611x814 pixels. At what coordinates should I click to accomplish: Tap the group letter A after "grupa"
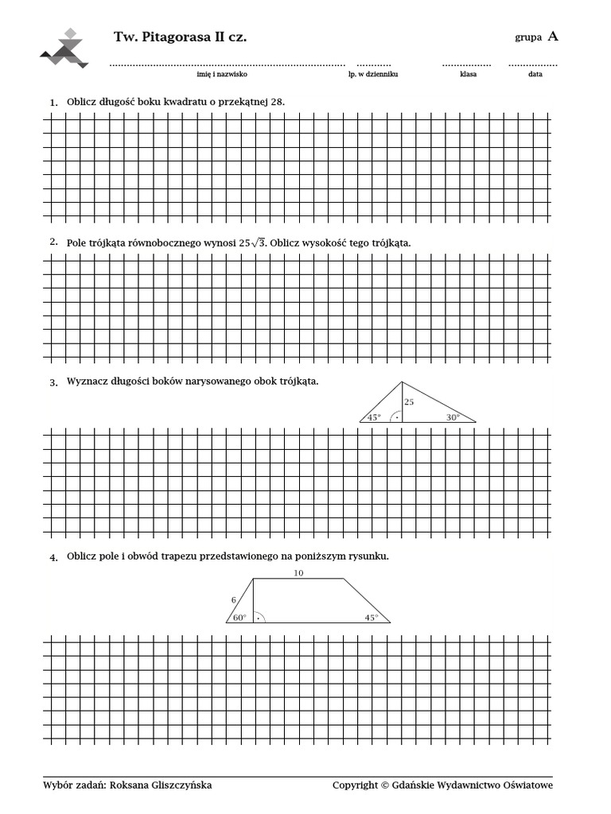pos(553,36)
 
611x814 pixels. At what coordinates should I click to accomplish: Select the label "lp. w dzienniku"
pos(379,74)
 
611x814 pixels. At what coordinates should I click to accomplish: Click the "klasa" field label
pos(468,74)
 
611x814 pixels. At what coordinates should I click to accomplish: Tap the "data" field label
pos(535,74)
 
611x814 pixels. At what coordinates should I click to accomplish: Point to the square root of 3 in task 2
pos(259,242)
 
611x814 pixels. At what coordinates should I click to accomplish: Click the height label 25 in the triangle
pos(409,402)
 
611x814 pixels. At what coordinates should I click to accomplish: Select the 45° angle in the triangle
pos(374,417)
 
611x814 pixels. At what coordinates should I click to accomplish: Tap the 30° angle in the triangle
pos(453,417)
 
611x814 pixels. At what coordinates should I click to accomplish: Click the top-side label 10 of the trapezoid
pos(298,572)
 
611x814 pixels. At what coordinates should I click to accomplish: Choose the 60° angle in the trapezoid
pos(239,617)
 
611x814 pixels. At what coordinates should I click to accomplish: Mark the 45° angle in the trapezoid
pos(372,617)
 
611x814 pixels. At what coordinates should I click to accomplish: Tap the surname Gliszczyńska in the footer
pos(177,785)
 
